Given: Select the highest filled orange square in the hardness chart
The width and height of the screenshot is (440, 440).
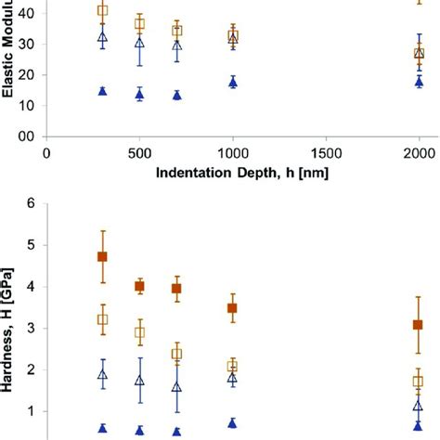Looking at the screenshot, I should (102, 256).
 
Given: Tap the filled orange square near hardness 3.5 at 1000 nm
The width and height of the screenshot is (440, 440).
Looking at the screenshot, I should (233, 307).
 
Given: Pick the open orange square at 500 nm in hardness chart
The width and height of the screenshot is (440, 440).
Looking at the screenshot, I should (139, 332).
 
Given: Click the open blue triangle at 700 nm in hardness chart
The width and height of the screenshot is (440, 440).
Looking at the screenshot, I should (176, 386).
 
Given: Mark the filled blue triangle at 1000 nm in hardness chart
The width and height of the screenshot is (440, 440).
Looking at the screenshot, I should (233, 422).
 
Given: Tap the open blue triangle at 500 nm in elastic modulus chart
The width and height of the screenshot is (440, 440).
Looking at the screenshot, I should (139, 43).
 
